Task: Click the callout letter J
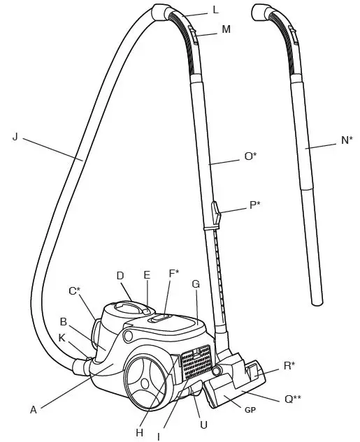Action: [x=15, y=138]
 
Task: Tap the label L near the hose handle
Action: [x=216, y=10]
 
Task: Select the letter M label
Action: [x=226, y=29]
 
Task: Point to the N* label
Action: [x=347, y=140]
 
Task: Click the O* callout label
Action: [x=250, y=156]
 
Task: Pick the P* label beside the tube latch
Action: [x=254, y=205]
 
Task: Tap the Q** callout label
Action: [x=293, y=399]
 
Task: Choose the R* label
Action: [x=289, y=366]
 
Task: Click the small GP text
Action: [x=250, y=410]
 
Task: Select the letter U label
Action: [x=203, y=425]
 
